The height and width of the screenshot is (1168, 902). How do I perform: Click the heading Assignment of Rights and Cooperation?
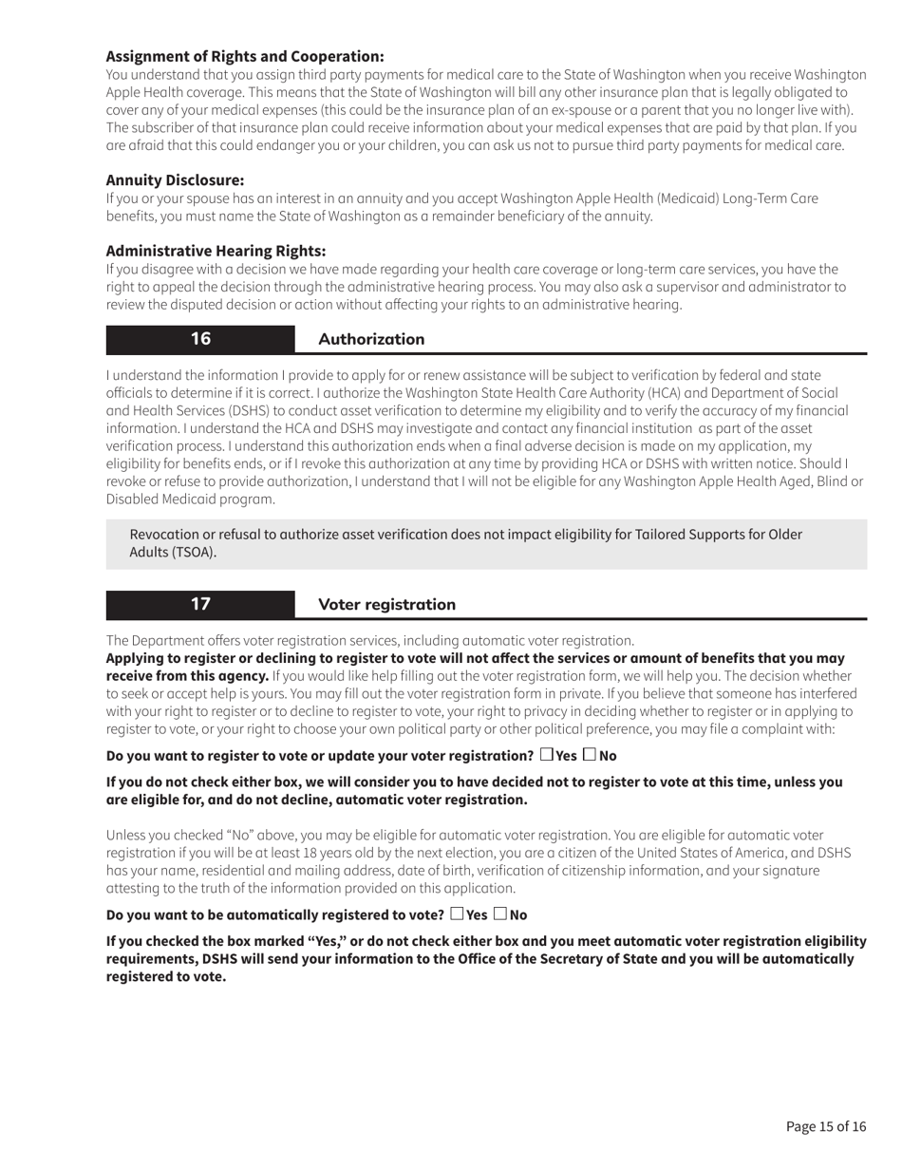(245, 56)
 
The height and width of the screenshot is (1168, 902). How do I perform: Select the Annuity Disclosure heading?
(175, 179)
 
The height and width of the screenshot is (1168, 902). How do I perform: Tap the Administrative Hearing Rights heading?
(216, 251)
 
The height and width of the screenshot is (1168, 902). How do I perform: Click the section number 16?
(200, 339)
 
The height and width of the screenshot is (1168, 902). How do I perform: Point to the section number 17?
(200, 604)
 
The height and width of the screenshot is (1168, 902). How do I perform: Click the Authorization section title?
(371, 339)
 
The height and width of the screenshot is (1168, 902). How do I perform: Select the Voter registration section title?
(386, 604)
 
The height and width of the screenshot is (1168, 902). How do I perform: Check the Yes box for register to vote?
(546, 755)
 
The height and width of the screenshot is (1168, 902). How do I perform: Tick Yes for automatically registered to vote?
(457, 914)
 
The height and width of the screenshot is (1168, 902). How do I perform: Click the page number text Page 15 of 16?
(826, 1127)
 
